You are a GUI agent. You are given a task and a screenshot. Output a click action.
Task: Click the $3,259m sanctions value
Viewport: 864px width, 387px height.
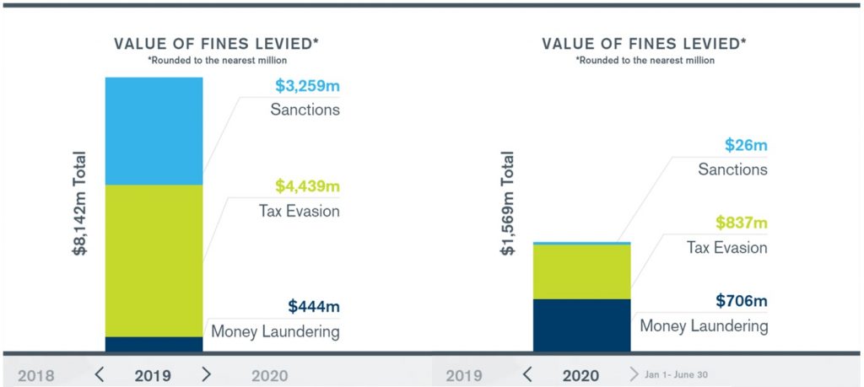point(307,86)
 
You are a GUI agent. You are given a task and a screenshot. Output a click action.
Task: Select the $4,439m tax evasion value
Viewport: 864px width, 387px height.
point(307,186)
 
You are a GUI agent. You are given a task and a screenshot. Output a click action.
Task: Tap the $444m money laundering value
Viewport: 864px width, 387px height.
point(313,307)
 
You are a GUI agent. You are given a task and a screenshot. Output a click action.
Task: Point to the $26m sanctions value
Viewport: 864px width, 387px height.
point(746,145)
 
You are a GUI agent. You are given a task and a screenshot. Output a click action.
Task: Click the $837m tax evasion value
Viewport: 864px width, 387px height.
point(741,223)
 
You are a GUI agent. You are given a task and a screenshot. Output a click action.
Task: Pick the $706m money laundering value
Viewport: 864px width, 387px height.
point(742,301)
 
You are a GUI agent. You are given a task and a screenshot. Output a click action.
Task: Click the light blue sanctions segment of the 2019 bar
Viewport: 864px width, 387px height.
point(154,131)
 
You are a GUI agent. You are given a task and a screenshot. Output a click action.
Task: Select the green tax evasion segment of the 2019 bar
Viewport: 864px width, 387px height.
point(154,260)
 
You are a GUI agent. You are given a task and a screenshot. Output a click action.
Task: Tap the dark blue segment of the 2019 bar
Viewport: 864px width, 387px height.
point(154,344)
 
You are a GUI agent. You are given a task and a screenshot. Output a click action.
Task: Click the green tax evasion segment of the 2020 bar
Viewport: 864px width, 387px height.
point(581,271)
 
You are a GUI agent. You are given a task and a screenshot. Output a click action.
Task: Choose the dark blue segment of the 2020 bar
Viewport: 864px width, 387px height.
point(581,325)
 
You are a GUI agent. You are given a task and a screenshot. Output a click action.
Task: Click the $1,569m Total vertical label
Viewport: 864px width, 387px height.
point(508,203)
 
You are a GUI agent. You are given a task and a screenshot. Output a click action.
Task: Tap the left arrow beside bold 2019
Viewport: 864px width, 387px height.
point(99,374)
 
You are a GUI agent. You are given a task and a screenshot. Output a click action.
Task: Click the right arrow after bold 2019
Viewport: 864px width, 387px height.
point(206,374)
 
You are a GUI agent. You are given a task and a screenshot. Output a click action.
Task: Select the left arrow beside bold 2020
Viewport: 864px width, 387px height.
point(527,374)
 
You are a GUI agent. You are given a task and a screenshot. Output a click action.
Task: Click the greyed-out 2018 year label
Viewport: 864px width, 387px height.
point(36,375)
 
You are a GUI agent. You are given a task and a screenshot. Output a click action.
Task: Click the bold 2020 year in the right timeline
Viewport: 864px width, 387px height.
point(580,375)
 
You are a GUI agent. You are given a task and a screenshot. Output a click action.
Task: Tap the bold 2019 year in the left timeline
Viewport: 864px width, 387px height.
point(153,375)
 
